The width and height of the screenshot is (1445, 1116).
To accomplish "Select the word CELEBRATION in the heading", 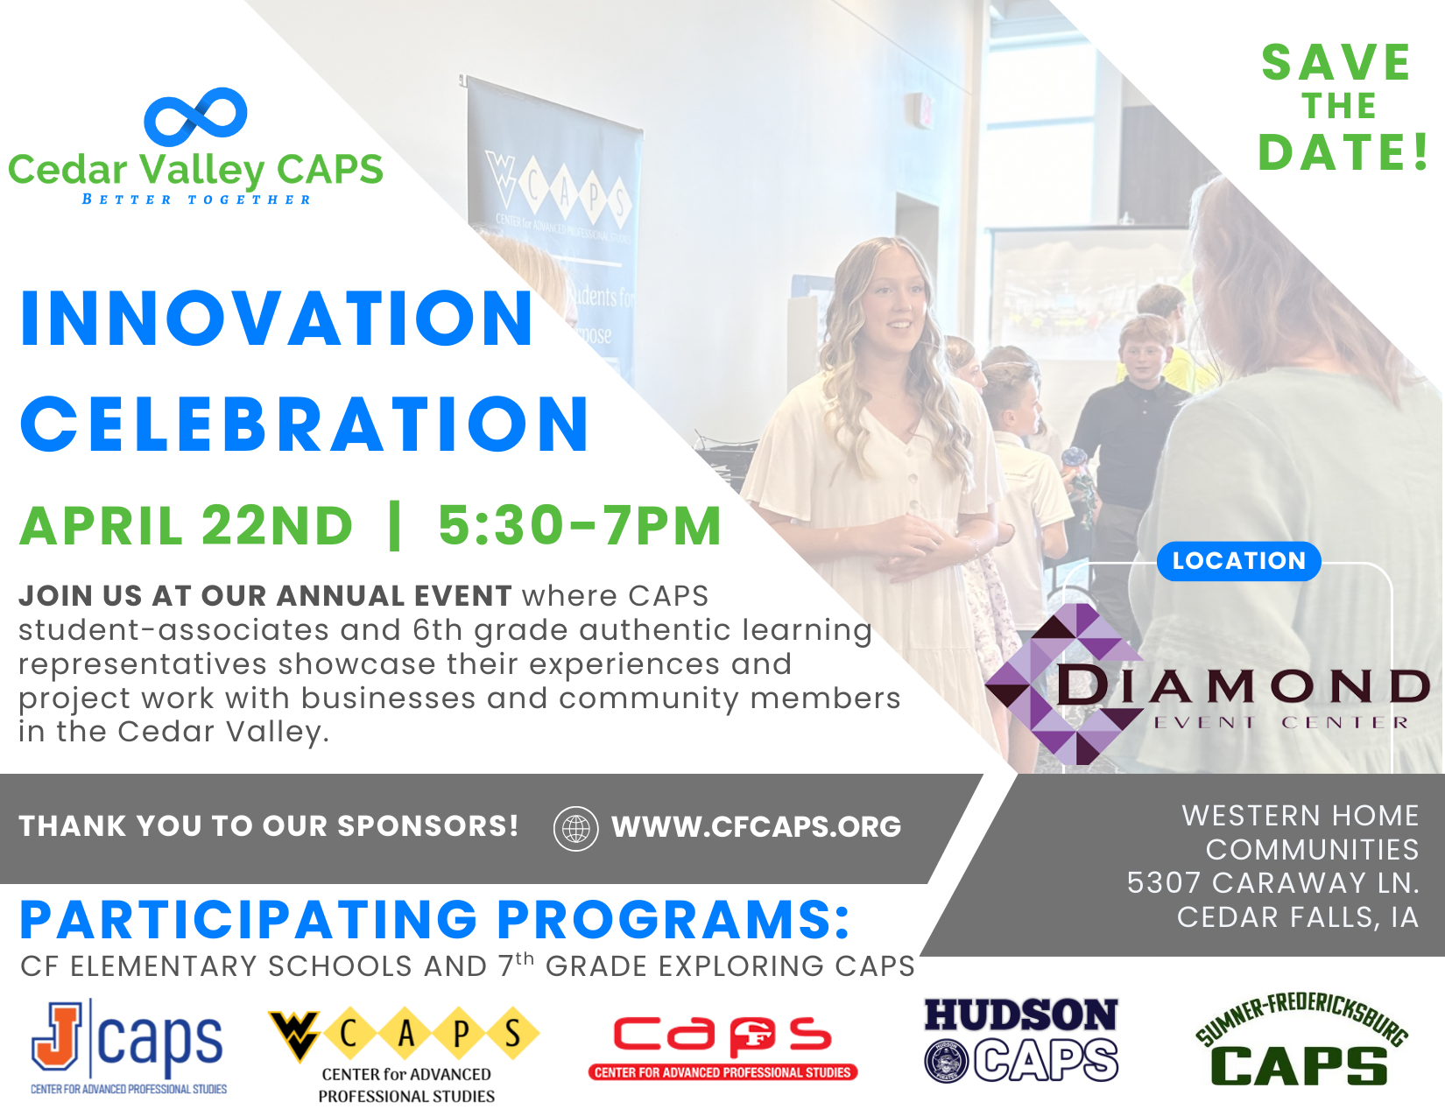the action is click(305, 425).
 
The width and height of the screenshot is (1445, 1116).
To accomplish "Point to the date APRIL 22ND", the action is click(187, 526).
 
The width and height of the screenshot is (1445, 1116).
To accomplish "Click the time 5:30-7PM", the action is click(580, 526).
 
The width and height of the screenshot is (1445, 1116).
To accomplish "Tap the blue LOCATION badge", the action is click(1239, 561).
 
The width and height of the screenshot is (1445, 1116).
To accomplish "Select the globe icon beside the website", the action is click(576, 829).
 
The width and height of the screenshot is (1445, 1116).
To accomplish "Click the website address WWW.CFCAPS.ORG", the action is click(757, 827).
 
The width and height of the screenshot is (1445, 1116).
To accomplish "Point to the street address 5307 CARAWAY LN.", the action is click(1273, 883).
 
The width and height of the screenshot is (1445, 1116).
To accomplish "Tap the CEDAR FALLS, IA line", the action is click(1298, 918).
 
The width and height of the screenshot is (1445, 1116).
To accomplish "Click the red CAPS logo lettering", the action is click(722, 1036).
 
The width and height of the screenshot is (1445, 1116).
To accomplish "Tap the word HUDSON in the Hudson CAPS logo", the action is click(1021, 1015).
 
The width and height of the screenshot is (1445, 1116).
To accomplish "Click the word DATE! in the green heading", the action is click(1343, 153).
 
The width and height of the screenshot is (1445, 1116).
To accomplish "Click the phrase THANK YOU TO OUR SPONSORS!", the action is click(269, 826).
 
